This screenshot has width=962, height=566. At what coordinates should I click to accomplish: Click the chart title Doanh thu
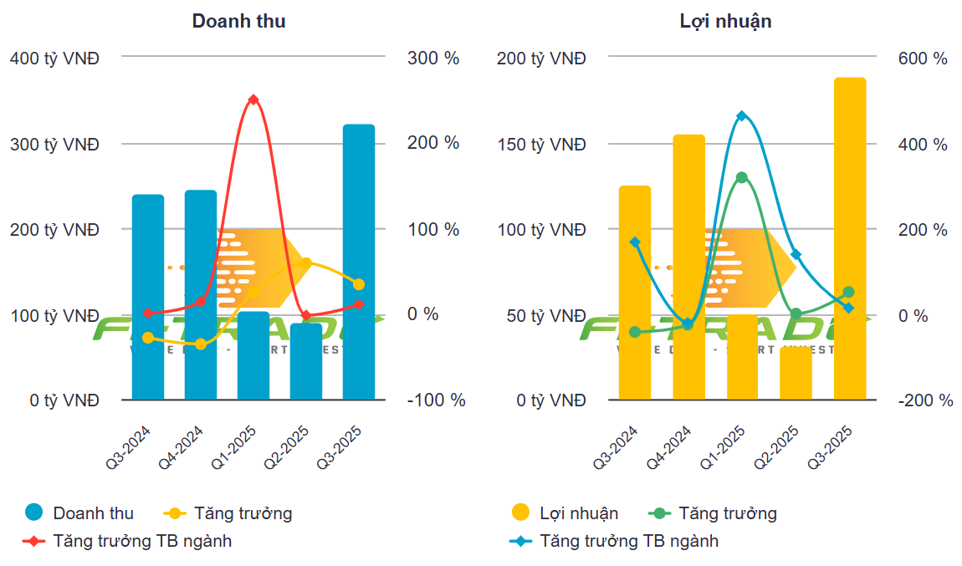pyautogui.click(x=238, y=21)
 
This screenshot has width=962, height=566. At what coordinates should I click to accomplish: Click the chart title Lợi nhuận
pyautogui.click(x=725, y=21)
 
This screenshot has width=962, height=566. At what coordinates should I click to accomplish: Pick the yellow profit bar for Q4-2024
pyautogui.click(x=688, y=267)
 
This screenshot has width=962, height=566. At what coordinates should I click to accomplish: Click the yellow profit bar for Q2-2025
pyautogui.click(x=796, y=373)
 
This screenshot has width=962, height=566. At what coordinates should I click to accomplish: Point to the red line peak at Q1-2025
pyautogui.click(x=253, y=99)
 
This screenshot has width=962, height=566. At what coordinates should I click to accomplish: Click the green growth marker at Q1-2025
pyautogui.click(x=741, y=177)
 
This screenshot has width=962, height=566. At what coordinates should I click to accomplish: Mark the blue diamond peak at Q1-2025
pyautogui.click(x=741, y=115)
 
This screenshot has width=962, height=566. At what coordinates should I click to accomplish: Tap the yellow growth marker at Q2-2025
pyautogui.click(x=306, y=263)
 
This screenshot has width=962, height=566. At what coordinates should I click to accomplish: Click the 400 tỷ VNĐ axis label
pyautogui.click(x=54, y=59)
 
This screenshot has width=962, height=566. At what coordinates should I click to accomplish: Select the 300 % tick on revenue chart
pyautogui.click(x=433, y=59)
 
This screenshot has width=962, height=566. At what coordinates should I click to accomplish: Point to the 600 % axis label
pyautogui.click(x=923, y=59)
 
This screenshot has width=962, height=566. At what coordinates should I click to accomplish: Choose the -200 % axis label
pyautogui.click(x=926, y=400)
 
